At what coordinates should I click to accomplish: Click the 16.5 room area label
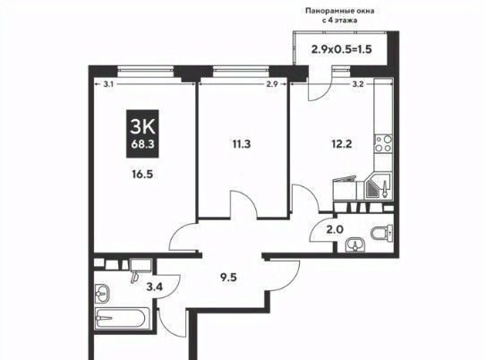tap(142, 175)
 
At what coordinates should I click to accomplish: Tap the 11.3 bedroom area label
tap(242, 144)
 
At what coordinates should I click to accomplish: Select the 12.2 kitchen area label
tap(341, 144)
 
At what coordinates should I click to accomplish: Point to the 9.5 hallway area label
tap(228, 278)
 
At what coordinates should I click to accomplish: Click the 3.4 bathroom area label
tap(154, 287)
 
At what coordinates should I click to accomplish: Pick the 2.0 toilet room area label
tap(335, 230)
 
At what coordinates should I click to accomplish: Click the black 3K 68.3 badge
tap(142, 133)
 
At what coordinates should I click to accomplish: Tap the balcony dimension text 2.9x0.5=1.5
tap(341, 49)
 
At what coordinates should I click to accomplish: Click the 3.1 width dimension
tap(108, 84)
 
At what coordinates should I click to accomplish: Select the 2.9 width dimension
tap(272, 84)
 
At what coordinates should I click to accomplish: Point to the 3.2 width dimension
tap(358, 84)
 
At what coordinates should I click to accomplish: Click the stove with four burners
tap(383, 144)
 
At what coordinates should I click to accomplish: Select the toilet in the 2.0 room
tap(382, 233)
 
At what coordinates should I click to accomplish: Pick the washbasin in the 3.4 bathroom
tap(102, 293)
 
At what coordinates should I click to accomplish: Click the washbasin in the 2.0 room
tap(355, 244)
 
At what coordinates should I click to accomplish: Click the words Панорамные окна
tap(340, 11)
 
